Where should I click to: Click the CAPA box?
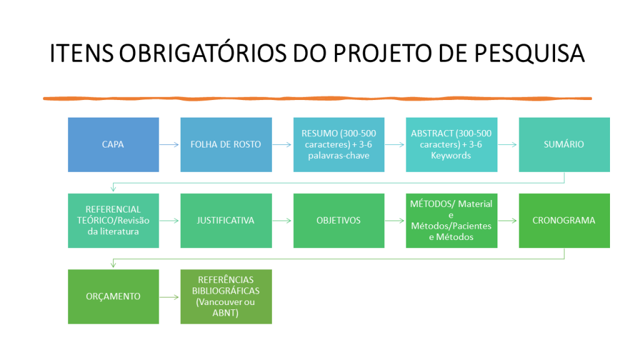pos(114,144)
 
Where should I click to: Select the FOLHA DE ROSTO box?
pos(226,144)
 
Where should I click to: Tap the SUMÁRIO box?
pos(564,144)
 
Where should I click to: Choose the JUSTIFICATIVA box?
pos(226,221)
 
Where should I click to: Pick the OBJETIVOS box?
pos(339,221)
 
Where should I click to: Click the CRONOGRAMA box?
pos(564,221)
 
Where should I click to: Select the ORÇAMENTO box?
pos(114,297)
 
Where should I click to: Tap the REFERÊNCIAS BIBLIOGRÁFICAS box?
pos(226,297)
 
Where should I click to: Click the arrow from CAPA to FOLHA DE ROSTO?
pos(169,144)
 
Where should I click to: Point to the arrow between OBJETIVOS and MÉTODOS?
pos(395,221)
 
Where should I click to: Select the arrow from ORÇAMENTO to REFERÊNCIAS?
pos(169,297)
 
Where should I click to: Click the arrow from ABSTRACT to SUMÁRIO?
pos(507,144)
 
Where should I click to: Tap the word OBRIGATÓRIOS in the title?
pos(203,53)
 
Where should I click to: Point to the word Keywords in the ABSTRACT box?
pos(451,156)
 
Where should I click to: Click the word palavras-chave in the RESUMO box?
pos(339,156)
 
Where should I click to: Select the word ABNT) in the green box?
pos(225,313)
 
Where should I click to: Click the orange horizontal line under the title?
pos(317,98)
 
